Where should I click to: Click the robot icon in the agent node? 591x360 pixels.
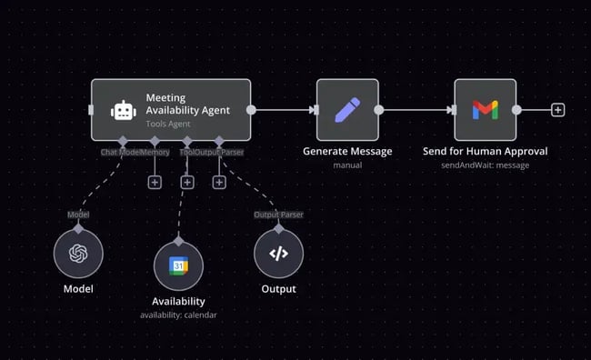click(x=122, y=110)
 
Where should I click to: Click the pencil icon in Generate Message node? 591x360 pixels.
click(x=347, y=110)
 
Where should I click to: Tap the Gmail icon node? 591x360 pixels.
click(x=486, y=110)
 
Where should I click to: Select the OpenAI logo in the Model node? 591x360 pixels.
click(x=78, y=254)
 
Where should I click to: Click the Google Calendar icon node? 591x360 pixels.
click(x=178, y=265)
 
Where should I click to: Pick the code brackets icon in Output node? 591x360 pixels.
click(x=278, y=254)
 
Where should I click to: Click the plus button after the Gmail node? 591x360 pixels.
click(x=558, y=110)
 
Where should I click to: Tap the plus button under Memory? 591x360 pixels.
click(x=155, y=182)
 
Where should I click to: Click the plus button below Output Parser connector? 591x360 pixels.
click(x=219, y=182)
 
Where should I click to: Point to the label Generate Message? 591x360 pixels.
click(x=347, y=151)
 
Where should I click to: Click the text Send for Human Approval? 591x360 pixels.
click(x=486, y=151)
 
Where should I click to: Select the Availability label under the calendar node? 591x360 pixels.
click(x=178, y=301)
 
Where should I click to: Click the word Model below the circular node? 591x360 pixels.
click(x=78, y=289)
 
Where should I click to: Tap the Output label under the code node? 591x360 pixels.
click(x=278, y=289)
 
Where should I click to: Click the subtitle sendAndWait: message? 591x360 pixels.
click(x=486, y=165)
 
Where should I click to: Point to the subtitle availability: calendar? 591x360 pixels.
click(x=178, y=315)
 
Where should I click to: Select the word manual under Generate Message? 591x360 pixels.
click(x=347, y=165)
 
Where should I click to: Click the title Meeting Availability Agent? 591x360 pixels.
click(x=187, y=103)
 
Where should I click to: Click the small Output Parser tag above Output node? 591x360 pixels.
click(x=278, y=215)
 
